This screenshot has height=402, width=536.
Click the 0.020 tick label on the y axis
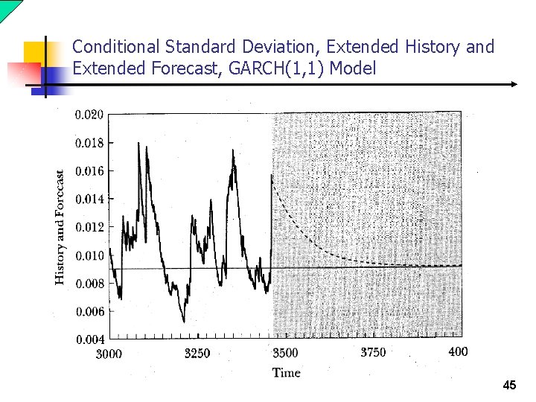coord(89,115)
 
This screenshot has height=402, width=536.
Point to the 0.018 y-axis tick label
coord(89,142)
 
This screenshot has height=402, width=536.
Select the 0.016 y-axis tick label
coord(89,170)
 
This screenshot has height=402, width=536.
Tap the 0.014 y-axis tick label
coord(89,199)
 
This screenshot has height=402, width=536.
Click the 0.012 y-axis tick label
coord(89,226)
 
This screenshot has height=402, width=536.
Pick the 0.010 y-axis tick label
coord(89,255)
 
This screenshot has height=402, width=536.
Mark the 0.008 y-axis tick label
coord(89,283)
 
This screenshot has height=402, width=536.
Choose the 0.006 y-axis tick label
coord(89,311)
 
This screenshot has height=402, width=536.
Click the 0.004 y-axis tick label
coord(89,339)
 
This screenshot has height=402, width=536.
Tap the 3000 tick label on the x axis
coord(109,354)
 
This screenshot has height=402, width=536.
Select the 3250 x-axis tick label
coord(197,354)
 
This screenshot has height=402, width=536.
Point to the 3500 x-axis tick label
coord(284,353)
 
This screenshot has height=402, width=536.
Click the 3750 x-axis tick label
coord(373,352)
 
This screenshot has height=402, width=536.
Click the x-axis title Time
coord(286,372)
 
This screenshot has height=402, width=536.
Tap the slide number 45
coord(509,386)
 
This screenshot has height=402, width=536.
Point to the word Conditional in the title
coord(115,47)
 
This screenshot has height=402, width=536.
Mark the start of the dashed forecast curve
coord(272,175)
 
